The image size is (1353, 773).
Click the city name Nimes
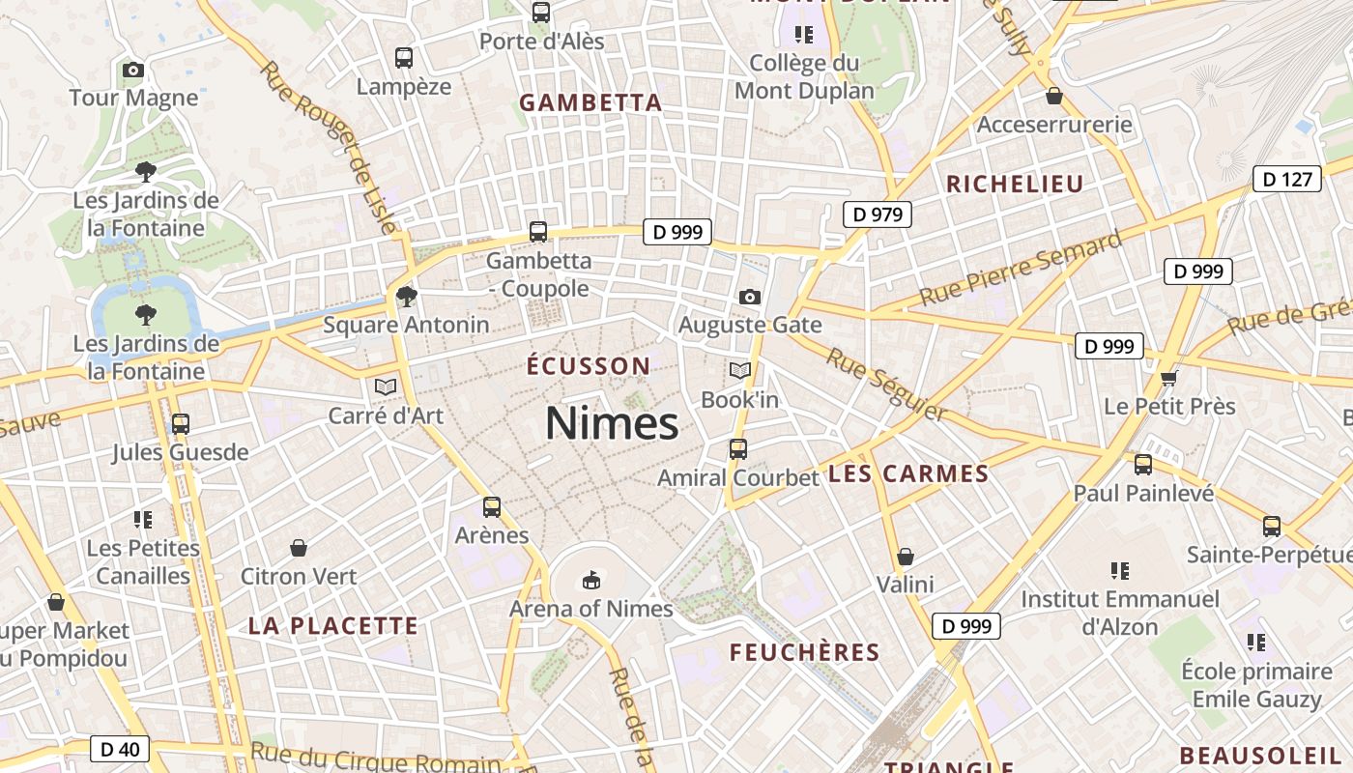(612, 423)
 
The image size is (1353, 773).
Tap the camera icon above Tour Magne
(133, 70)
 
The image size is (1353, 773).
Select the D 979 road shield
(878, 214)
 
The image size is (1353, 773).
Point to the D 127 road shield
(1287, 179)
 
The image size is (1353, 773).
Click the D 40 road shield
(120, 749)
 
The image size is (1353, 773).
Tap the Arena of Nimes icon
(590, 580)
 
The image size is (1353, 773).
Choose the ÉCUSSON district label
(589, 366)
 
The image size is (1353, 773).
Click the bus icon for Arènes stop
(492, 506)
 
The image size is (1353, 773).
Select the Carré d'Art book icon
(386, 387)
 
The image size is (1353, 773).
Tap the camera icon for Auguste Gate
(749, 297)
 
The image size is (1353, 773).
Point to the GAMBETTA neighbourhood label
(590, 103)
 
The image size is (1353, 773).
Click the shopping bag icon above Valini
(906, 557)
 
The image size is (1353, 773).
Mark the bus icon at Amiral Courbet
(738, 449)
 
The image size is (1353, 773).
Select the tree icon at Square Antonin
(407, 296)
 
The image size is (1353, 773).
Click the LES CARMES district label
(908, 474)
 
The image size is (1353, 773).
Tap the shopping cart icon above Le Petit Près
(1169, 377)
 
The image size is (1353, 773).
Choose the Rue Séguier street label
(887, 385)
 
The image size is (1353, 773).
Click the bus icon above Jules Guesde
(180, 423)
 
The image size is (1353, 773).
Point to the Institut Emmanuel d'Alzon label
(1120, 613)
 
